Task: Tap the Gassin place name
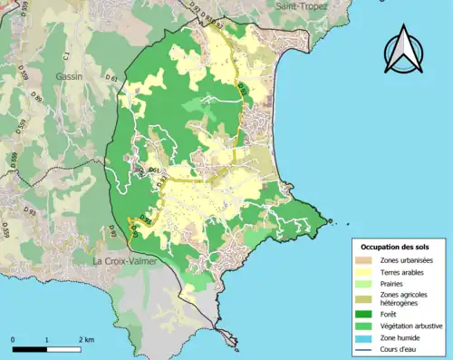coord(68,77)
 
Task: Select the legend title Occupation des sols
coord(396,247)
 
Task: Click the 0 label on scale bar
coord(14,338)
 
